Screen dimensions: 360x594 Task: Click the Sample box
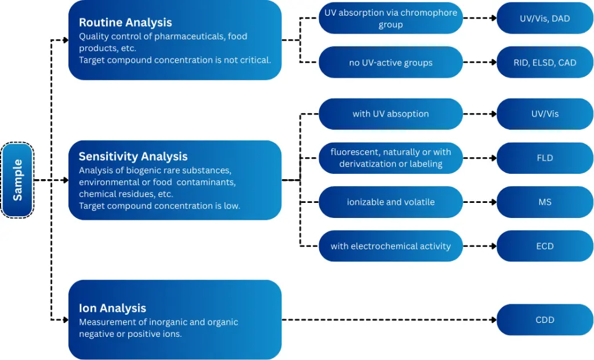pos(17,180)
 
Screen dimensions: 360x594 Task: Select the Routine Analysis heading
pos(125,23)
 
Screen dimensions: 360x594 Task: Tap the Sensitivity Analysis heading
pos(133,157)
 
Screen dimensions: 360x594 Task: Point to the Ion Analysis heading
pos(112,308)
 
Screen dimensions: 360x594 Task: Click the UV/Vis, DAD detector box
pos(545,19)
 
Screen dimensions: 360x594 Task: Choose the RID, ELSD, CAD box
pos(545,63)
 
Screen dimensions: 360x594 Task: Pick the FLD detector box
pos(545,158)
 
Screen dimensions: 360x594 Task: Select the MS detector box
pos(545,202)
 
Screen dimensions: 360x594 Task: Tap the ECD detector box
pos(545,246)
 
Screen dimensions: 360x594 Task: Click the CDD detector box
pos(545,319)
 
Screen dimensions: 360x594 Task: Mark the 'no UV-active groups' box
pos(390,63)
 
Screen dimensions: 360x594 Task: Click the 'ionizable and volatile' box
pos(390,202)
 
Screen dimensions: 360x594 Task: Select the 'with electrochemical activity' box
pos(390,246)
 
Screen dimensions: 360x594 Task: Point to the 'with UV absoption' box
pos(390,114)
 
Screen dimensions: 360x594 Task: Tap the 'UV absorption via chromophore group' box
pos(390,19)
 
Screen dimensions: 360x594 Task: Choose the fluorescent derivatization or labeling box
pos(390,158)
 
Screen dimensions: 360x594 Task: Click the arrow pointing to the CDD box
pos(492,319)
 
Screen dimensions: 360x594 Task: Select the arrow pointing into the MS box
pos(492,202)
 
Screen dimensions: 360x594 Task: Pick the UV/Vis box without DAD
pos(545,114)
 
